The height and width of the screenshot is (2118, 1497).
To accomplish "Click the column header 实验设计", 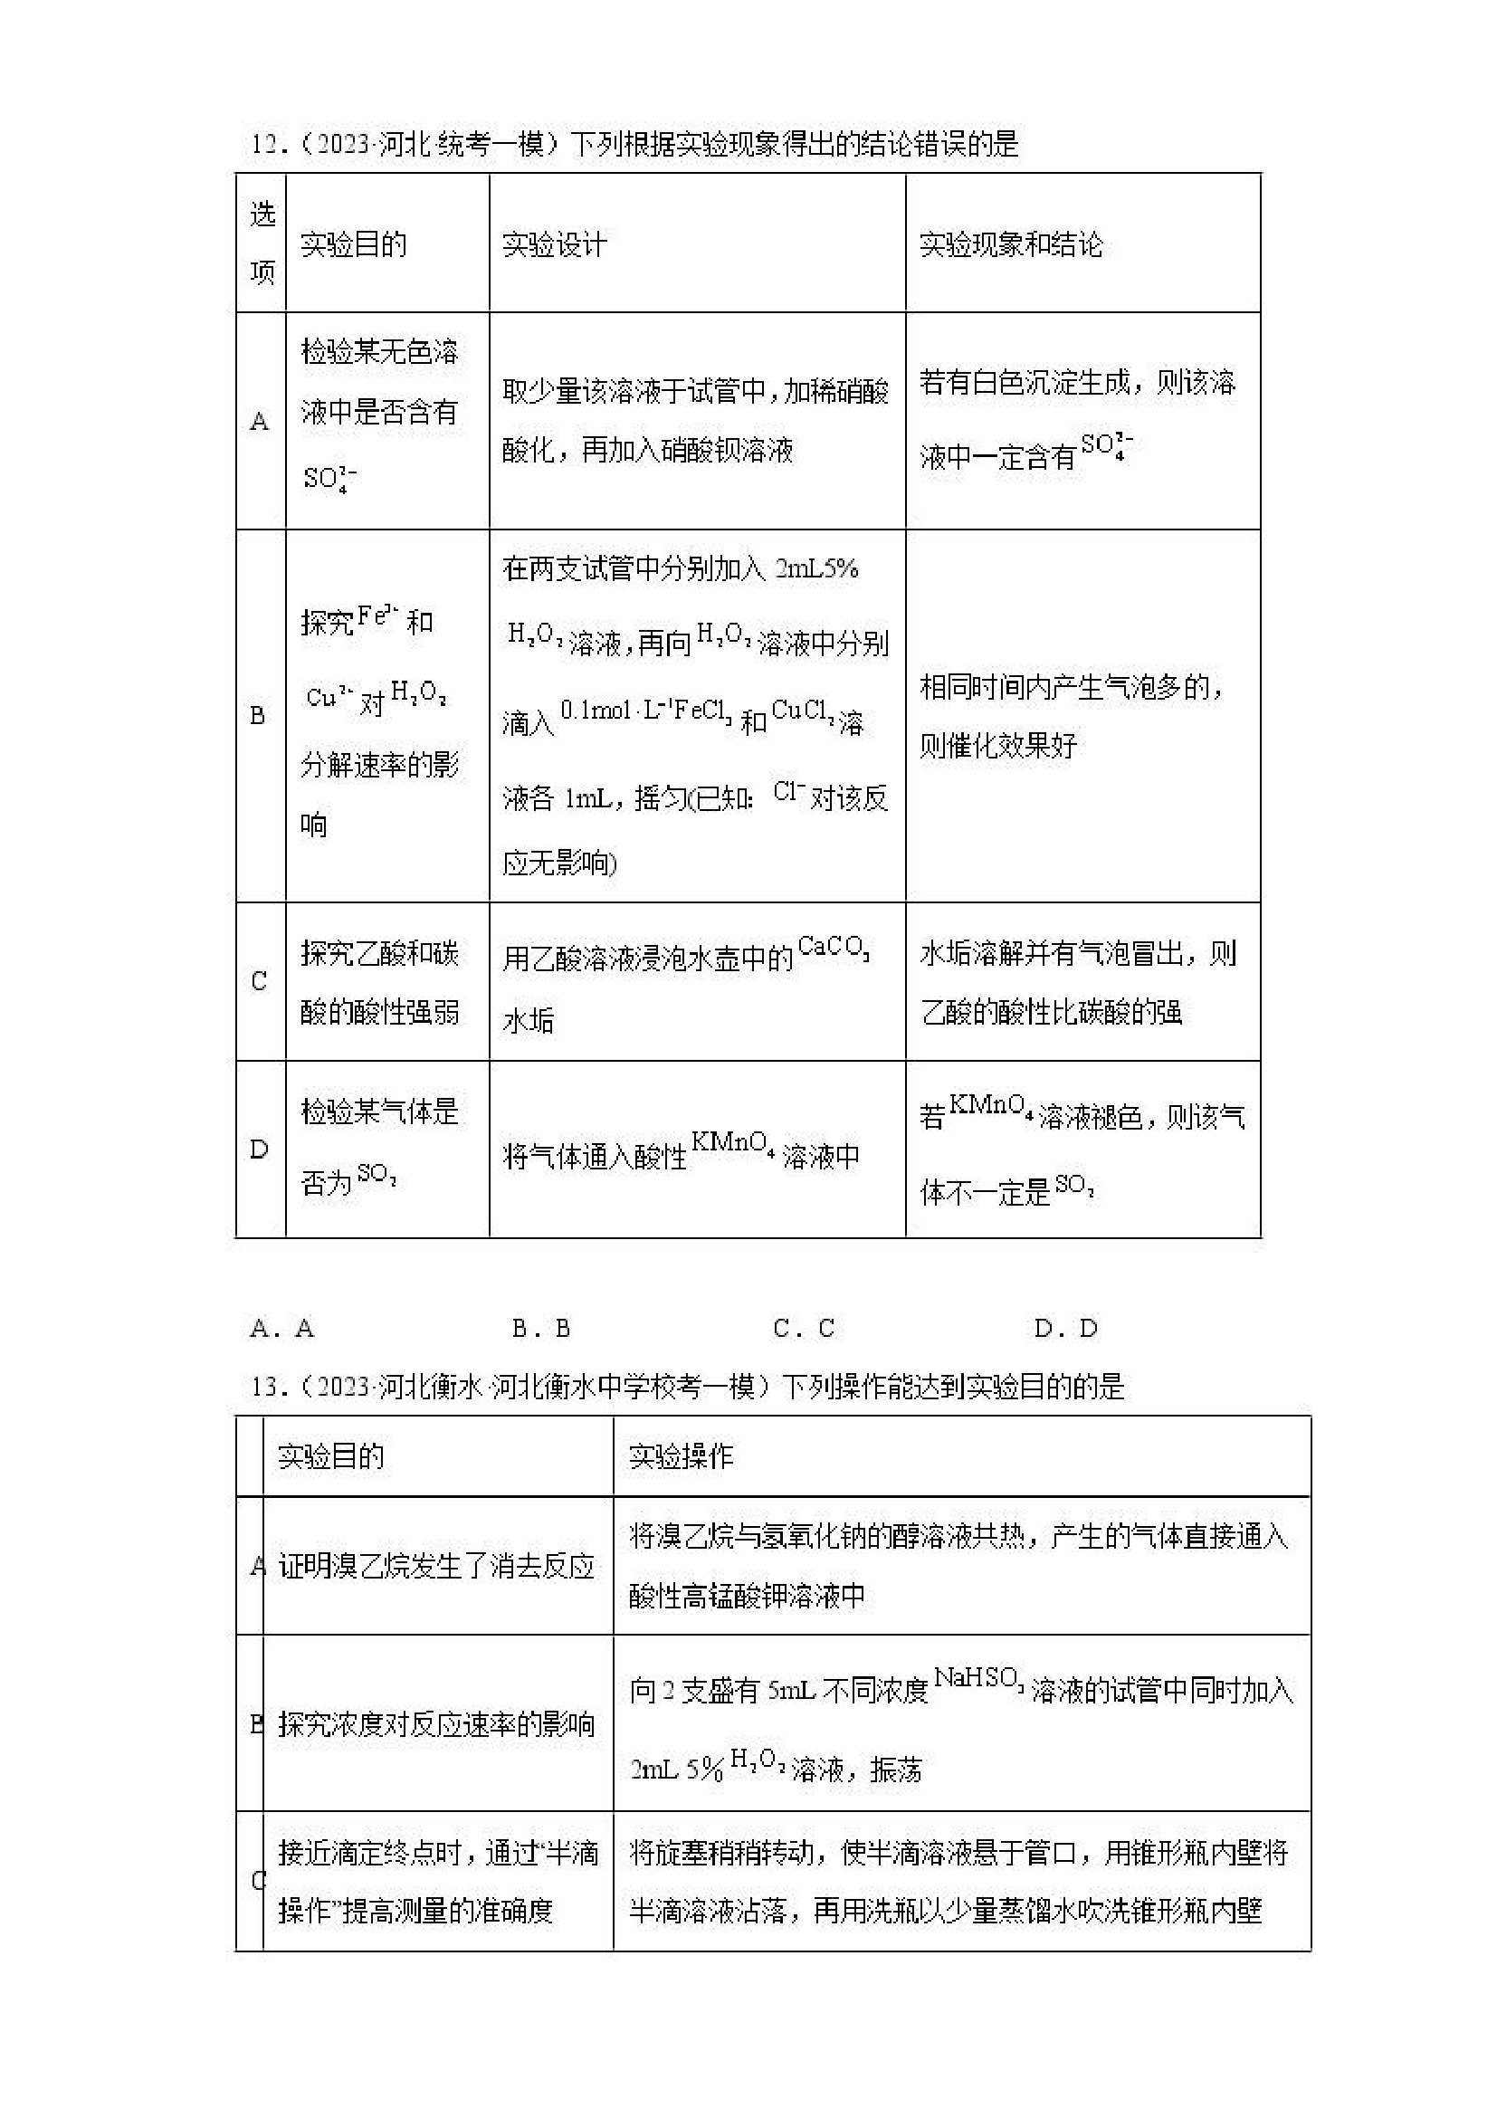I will point(554,244).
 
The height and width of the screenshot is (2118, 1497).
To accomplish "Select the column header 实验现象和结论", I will point(1011,244).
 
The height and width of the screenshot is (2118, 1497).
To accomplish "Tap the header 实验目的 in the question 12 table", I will point(353,244).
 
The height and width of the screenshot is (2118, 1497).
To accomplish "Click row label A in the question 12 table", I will point(260,422).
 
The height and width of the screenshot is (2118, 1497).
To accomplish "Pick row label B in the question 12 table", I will point(258,715).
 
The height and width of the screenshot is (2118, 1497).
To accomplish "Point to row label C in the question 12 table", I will point(259,980).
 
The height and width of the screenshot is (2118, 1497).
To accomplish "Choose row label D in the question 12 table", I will point(259,1149).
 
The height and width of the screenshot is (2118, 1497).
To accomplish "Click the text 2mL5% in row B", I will point(817,568).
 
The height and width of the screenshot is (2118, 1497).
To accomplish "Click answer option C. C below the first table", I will point(804,1329).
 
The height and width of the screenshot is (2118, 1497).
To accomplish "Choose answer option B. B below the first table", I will point(541,1329).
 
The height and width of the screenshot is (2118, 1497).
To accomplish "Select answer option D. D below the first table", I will point(1065,1329).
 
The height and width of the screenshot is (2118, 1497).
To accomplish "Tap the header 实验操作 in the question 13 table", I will point(681,1456).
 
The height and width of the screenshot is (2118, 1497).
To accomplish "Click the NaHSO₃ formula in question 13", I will point(978,1678).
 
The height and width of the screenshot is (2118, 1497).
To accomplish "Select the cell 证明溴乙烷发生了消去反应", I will point(436,1566).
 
